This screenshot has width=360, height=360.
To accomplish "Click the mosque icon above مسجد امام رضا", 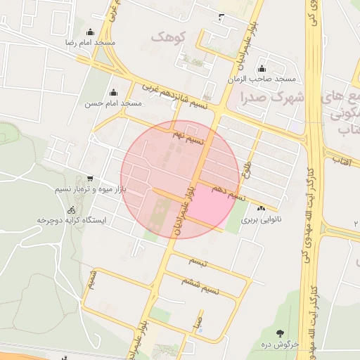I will click(x=91, y=32).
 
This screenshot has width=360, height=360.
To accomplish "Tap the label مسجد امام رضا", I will click(x=91, y=43).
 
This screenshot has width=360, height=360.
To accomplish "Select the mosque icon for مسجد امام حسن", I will click(x=113, y=92).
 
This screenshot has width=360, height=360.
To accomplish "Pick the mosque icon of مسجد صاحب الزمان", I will click(x=262, y=68).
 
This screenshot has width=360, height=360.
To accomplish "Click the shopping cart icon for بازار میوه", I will click(x=89, y=179).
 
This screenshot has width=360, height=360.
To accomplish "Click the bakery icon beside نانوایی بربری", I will click(x=262, y=208).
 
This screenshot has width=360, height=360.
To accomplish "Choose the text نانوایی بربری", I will click(x=261, y=219).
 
